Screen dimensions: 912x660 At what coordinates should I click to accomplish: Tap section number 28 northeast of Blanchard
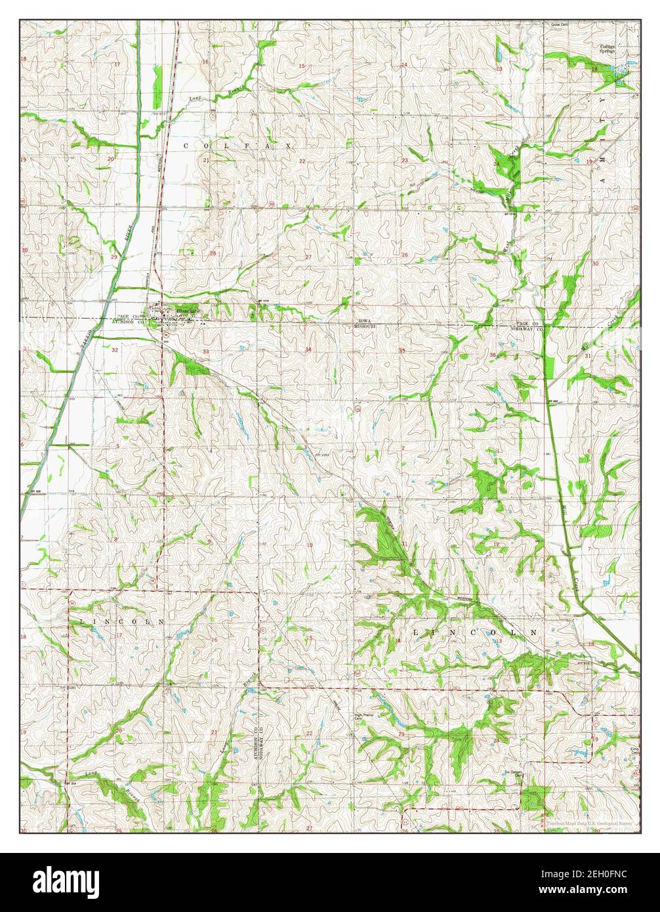pos(213,253)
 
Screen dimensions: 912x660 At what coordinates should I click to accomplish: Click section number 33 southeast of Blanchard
pos(206,352)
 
